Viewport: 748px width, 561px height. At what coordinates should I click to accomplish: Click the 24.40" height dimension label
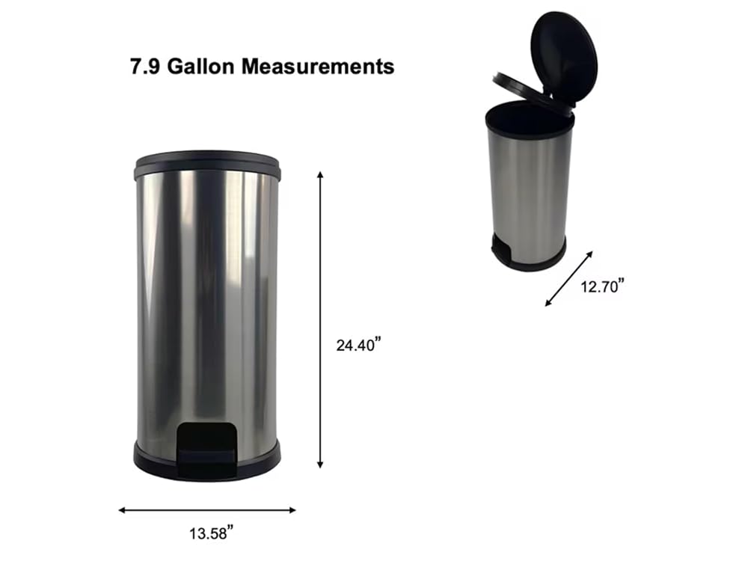pos(359,344)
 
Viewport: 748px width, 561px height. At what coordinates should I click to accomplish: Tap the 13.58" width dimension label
pos(212,533)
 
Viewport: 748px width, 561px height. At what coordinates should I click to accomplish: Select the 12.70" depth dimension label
pos(602,286)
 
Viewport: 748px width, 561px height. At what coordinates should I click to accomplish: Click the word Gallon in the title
pos(200,67)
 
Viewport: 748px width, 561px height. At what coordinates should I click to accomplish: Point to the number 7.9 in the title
pos(145,67)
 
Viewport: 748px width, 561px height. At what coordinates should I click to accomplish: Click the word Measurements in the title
pos(318,67)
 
